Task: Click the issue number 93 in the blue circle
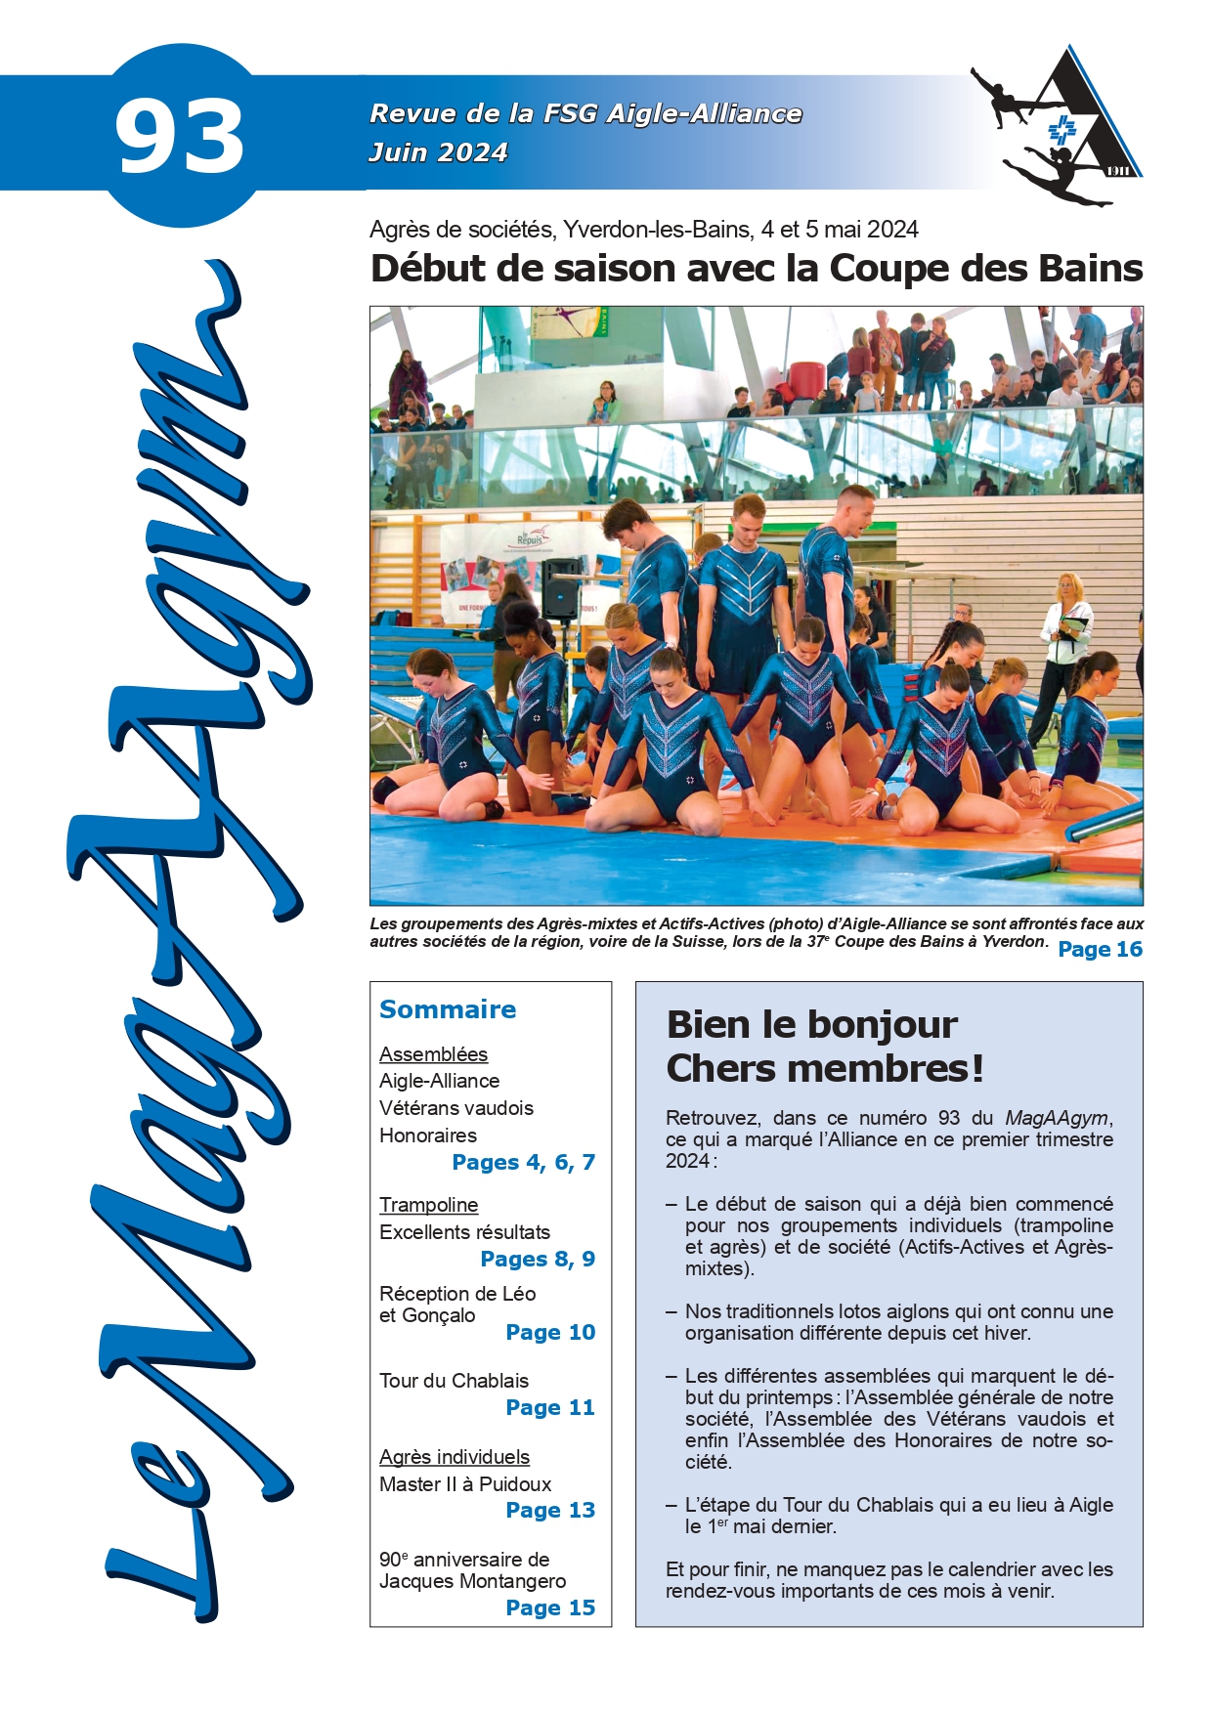pyautogui.click(x=180, y=137)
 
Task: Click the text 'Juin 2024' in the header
pyautogui.click(x=438, y=152)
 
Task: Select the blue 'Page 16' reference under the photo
pyautogui.click(x=1100, y=949)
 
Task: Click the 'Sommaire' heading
pyautogui.click(x=448, y=1009)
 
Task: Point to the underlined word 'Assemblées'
pyautogui.click(x=433, y=1054)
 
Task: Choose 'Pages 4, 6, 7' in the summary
pyautogui.click(x=523, y=1162)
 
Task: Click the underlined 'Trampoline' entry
pyautogui.click(x=428, y=1205)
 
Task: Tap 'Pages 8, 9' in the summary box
pyautogui.click(x=538, y=1259)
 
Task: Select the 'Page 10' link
pyautogui.click(x=550, y=1332)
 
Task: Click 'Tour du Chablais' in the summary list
pyautogui.click(x=454, y=1381)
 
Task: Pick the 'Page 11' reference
pyautogui.click(x=550, y=1407)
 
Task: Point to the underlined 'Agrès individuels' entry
pyautogui.click(x=455, y=1457)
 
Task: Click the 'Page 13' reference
pyautogui.click(x=550, y=1510)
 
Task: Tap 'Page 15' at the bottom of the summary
pyautogui.click(x=550, y=1607)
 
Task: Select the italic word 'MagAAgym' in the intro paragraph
pyautogui.click(x=1057, y=1118)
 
